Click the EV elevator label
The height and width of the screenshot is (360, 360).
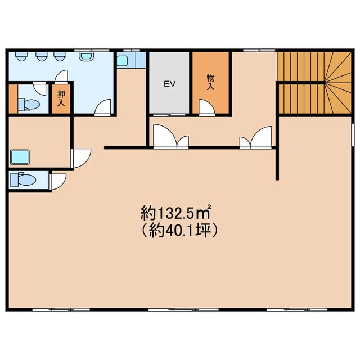170,84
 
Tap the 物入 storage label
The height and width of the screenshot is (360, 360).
210,82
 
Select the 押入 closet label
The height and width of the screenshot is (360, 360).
61,98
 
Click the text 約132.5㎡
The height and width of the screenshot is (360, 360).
175,213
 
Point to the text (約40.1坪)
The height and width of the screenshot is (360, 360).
179,230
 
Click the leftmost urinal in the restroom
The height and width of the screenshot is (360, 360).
21,56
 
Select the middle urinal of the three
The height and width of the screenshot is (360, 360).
41,56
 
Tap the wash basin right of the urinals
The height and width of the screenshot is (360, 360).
86,56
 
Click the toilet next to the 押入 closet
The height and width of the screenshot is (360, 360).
29,105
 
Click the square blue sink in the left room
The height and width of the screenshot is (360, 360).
20,157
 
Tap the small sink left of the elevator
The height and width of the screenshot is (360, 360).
122,61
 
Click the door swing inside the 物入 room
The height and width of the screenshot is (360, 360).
206,107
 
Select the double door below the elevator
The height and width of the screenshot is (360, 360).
171,136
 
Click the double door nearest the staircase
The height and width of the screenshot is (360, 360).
256,137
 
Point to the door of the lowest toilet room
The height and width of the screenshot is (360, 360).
58,182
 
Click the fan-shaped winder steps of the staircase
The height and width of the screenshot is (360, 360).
337,83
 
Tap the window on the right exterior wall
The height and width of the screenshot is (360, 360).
353,134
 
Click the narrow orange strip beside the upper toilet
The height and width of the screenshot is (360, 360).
13,99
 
